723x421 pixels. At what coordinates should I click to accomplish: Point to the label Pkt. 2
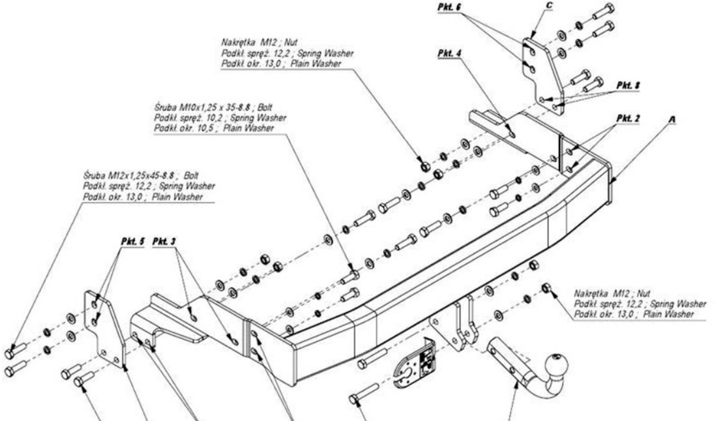627,118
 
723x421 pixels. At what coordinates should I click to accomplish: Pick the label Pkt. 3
164,241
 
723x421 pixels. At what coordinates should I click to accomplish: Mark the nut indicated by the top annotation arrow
425,166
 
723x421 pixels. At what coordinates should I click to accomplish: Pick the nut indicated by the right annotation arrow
545,287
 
